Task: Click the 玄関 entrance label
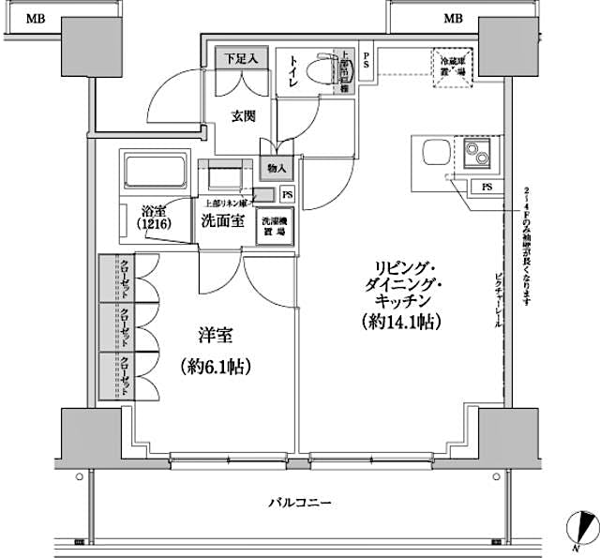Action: tap(246, 116)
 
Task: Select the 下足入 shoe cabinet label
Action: tap(242, 58)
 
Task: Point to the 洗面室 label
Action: tap(222, 220)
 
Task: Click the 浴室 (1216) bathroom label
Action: tap(154, 219)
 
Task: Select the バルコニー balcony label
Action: tap(300, 504)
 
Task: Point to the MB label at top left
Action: tap(35, 17)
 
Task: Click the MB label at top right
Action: tap(453, 17)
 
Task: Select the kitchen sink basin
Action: tap(435, 152)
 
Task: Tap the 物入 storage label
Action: tap(277, 169)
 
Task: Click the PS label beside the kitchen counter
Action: tap(487, 186)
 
